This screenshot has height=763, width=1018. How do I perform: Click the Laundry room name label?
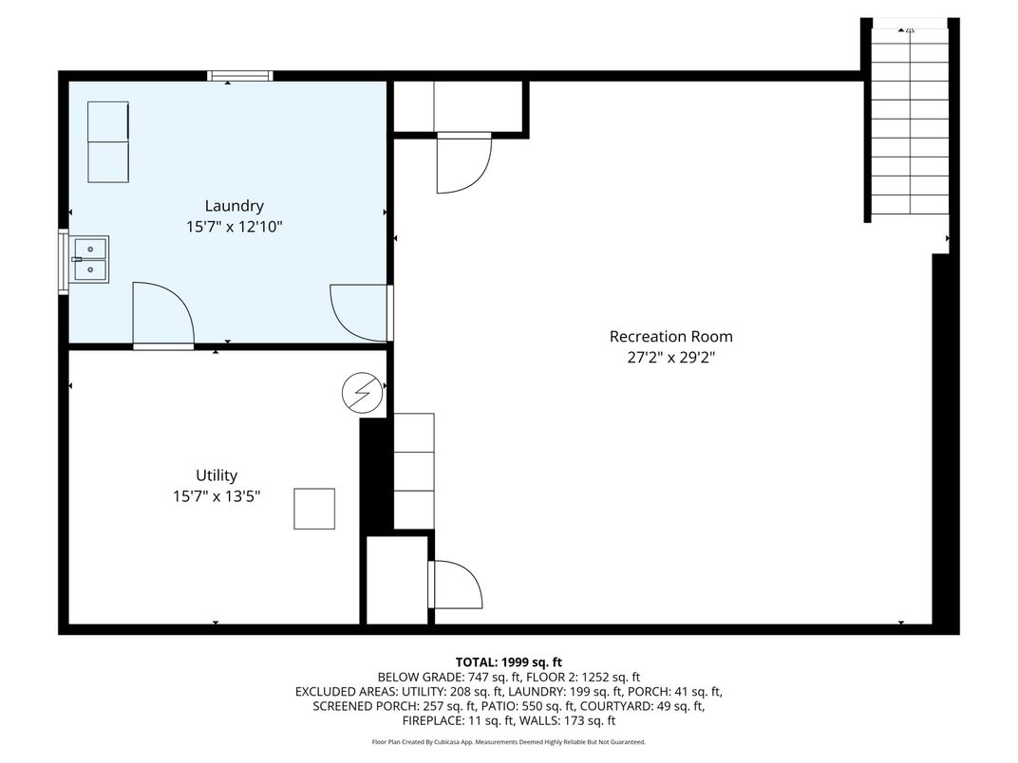click(x=234, y=206)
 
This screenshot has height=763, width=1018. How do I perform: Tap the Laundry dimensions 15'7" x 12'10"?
click(x=234, y=227)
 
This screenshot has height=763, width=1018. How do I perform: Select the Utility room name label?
click(x=217, y=475)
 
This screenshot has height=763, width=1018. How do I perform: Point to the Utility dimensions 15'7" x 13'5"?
click(x=217, y=496)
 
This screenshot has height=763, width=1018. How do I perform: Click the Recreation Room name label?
click(x=670, y=337)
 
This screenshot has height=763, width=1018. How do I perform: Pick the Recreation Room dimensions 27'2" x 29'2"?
click(x=670, y=358)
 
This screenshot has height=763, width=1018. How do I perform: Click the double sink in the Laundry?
click(x=89, y=259)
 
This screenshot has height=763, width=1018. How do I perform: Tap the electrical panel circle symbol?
click(x=362, y=393)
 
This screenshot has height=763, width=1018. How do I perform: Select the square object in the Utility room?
click(x=314, y=509)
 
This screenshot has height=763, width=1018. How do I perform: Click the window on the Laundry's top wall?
click(x=239, y=76)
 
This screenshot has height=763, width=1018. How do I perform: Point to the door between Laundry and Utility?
click(x=163, y=315)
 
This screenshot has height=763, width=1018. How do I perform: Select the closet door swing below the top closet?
click(x=463, y=163)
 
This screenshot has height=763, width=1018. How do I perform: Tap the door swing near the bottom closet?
click(x=455, y=585)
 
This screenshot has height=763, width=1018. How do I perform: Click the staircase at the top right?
click(x=910, y=121)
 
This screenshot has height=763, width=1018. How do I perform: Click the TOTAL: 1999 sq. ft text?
click(x=508, y=662)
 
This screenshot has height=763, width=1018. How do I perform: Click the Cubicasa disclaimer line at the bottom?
click(x=508, y=741)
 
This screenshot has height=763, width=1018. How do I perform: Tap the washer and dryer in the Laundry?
click(x=108, y=141)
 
